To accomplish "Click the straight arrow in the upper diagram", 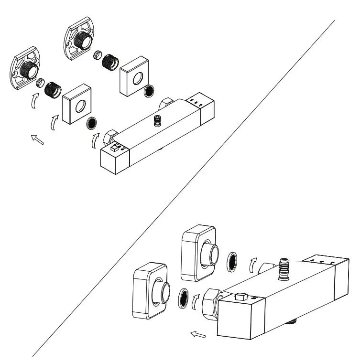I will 37,139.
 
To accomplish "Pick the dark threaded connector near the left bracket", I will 52,89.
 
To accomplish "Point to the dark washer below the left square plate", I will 91,123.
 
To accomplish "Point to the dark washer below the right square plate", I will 149,90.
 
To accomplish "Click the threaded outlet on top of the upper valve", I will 157,121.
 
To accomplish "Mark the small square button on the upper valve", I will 114,149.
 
